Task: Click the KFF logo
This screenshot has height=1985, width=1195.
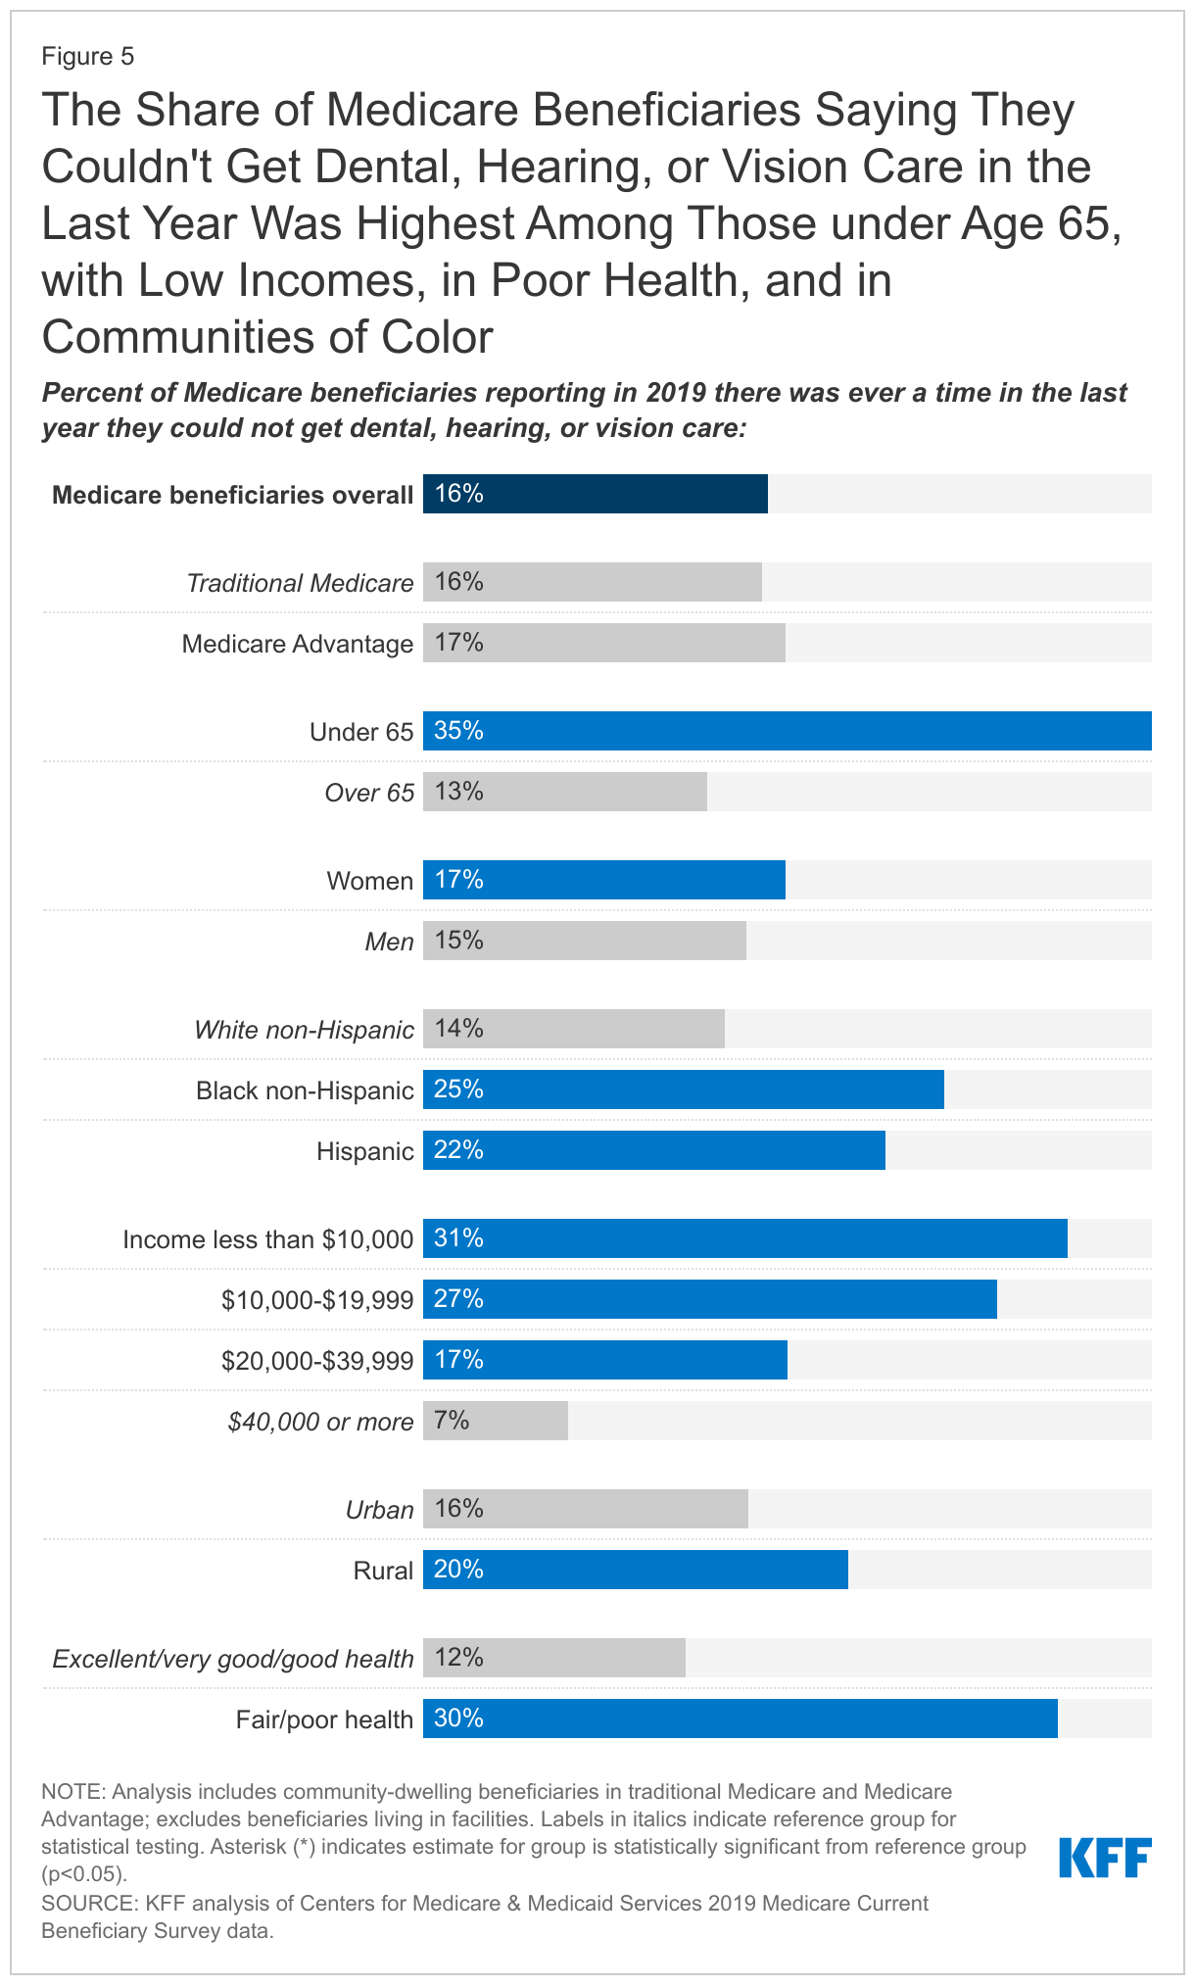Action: tap(1105, 1858)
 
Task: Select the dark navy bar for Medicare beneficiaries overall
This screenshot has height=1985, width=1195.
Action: tap(595, 494)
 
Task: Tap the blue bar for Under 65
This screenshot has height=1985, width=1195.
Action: tap(787, 731)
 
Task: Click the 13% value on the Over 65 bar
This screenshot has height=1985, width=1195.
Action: tap(458, 792)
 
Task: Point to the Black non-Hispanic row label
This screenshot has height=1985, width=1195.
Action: tap(305, 1090)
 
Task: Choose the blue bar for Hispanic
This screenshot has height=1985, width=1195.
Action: tap(653, 1150)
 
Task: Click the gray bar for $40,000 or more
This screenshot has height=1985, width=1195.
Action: tap(495, 1421)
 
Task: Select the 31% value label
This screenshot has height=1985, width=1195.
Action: tap(458, 1238)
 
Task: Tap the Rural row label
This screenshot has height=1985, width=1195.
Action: tap(383, 1571)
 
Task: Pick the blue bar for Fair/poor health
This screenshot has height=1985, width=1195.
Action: tap(740, 1719)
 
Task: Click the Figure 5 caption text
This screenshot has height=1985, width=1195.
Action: tap(87, 57)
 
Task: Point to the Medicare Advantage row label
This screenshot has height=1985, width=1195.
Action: tap(298, 644)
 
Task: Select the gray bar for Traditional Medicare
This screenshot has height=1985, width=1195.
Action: tap(592, 582)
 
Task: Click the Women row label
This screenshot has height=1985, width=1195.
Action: tap(370, 881)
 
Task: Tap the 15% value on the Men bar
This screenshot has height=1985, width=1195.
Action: tap(458, 941)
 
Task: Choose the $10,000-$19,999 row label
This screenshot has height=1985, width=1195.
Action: tap(317, 1300)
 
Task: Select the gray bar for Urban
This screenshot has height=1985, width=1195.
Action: tap(585, 1509)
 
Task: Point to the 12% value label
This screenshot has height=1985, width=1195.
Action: tap(458, 1658)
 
